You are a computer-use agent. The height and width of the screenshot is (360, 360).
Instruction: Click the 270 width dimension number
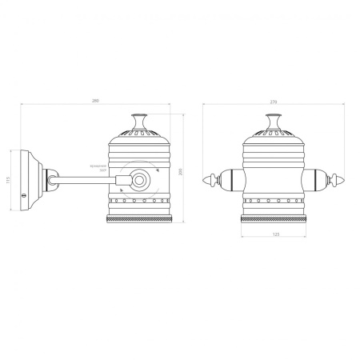[x=274, y=102]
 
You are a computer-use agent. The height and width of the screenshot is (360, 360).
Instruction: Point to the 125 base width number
[x=275, y=234]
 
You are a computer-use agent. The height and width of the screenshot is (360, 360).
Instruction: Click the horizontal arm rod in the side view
[x=84, y=180]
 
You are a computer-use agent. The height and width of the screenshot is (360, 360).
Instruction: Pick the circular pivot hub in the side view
[x=141, y=181]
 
